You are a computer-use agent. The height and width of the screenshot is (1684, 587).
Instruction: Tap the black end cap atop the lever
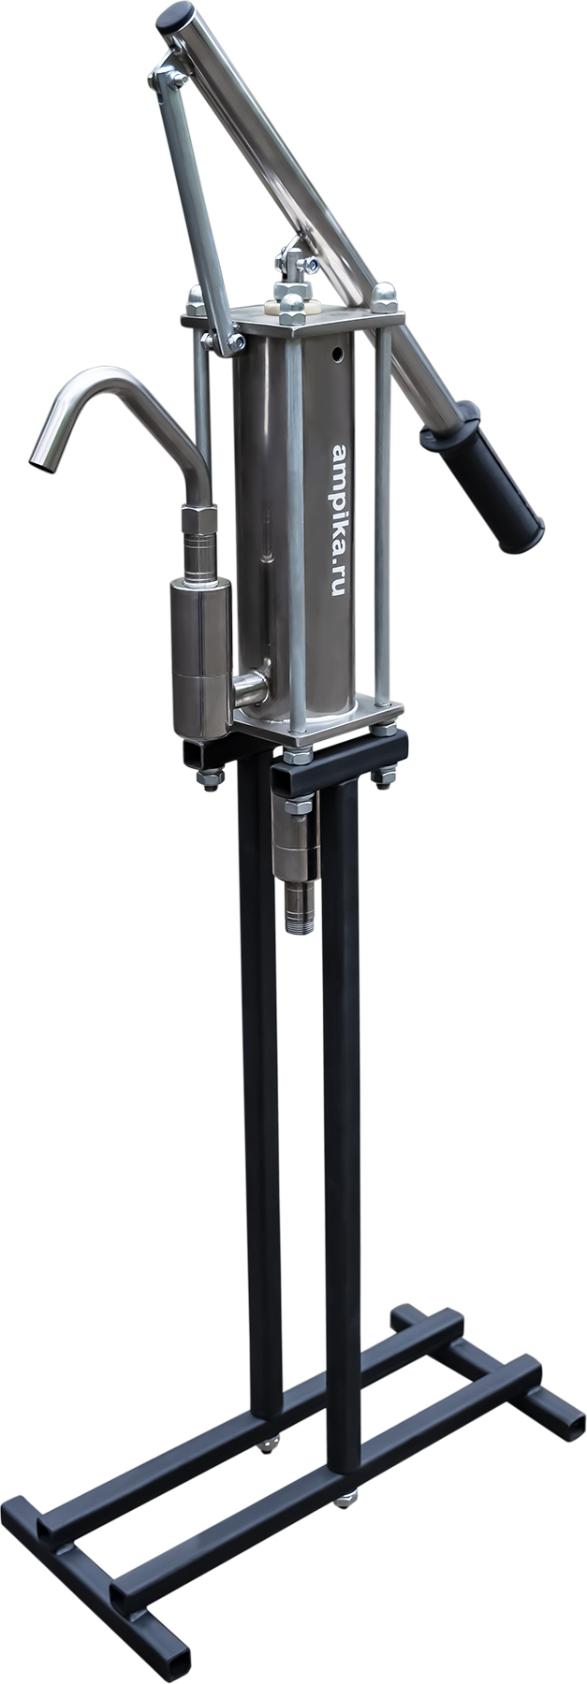tap(175, 19)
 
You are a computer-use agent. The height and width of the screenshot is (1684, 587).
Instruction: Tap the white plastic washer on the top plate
tap(289, 306)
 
